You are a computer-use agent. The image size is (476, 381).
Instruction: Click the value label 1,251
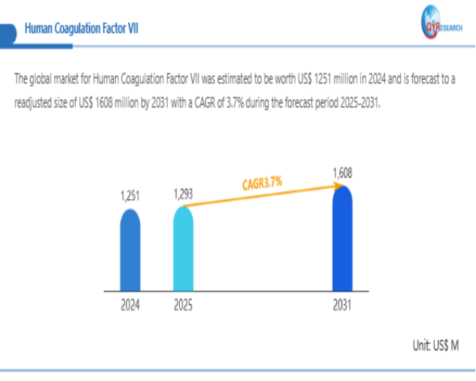(x=130, y=196)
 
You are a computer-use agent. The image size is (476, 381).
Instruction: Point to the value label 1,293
(x=183, y=194)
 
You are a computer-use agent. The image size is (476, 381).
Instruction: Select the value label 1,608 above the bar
(x=342, y=173)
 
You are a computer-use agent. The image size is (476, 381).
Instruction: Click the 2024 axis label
(x=130, y=305)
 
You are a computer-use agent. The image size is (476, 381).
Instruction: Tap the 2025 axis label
(x=183, y=305)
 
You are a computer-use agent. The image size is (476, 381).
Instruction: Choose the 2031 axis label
(x=342, y=305)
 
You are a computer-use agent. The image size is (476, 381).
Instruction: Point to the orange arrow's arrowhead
(x=338, y=186)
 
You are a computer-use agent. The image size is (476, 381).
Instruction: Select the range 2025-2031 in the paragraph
(x=353, y=102)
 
